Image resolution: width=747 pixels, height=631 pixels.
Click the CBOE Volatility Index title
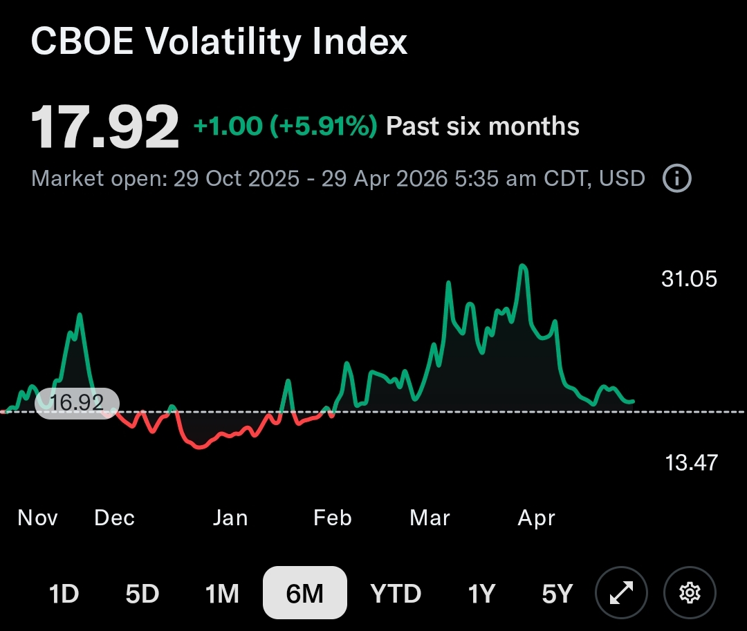click(219, 42)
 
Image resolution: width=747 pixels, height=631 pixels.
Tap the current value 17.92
click(104, 127)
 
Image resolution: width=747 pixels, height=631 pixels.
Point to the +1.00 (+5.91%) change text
click(285, 126)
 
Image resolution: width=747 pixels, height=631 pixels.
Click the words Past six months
click(482, 126)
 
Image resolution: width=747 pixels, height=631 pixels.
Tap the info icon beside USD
click(676, 178)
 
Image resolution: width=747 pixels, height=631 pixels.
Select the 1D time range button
click(64, 593)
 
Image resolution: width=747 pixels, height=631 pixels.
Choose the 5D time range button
click(142, 593)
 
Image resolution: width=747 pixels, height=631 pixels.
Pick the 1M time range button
click(222, 593)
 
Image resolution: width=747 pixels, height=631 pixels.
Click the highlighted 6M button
click(304, 593)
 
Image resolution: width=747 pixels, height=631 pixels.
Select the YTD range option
click(395, 593)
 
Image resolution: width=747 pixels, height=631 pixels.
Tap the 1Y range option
click(481, 593)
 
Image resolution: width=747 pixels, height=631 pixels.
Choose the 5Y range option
click(557, 593)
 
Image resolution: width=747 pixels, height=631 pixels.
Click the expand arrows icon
click(620, 593)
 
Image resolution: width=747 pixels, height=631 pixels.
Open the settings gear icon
click(690, 593)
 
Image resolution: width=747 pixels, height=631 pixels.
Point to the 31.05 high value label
click(689, 279)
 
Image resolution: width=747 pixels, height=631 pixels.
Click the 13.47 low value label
click(691, 462)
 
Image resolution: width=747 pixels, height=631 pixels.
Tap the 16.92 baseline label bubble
click(77, 403)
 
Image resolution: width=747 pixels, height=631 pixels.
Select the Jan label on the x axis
click(230, 518)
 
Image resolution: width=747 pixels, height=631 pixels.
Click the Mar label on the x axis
click(430, 518)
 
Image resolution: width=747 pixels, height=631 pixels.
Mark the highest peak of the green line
click(523, 265)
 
